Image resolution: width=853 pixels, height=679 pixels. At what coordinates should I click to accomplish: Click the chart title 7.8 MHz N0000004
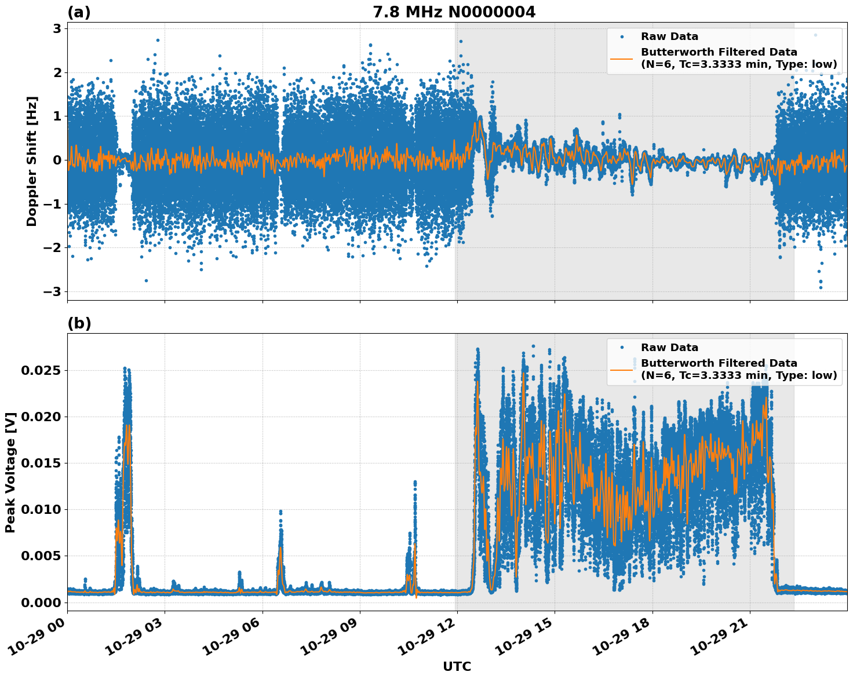pyautogui.click(x=454, y=12)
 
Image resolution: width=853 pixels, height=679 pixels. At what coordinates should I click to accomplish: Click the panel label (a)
pyautogui.click(x=79, y=12)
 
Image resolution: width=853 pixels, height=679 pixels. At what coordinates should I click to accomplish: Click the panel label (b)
pyautogui.click(x=79, y=323)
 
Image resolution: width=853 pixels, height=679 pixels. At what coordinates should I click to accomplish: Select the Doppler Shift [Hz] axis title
pyautogui.click(x=32, y=161)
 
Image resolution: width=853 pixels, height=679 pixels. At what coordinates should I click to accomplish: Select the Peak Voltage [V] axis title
pyautogui.click(x=10, y=472)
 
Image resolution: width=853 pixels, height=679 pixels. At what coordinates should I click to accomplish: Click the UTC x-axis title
pyautogui.click(x=457, y=667)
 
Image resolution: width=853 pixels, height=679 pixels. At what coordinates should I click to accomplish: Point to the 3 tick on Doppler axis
pyautogui.click(x=57, y=28)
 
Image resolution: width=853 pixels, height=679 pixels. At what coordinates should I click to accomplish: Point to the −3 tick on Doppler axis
pyautogui.click(x=53, y=291)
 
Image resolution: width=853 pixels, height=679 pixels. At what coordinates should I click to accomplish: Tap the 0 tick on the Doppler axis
pyautogui.click(x=57, y=160)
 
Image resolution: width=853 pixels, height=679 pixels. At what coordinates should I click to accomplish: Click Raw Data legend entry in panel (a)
pyautogui.click(x=669, y=36)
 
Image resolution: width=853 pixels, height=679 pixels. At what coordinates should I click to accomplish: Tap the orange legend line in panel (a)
pyautogui.click(x=621, y=59)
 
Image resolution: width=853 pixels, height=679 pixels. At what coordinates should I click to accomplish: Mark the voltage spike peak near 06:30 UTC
pyautogui.click(x=280, y=512)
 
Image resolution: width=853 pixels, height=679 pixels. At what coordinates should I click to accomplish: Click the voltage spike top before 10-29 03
pyautogui.click(x=125, y=368)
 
